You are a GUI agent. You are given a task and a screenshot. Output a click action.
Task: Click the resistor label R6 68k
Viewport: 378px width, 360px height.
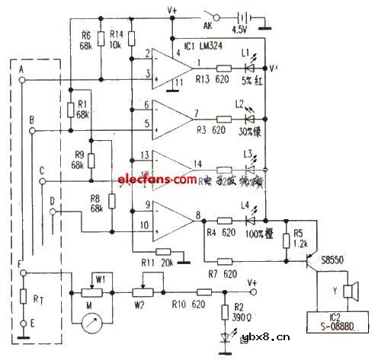(x=85, y=40)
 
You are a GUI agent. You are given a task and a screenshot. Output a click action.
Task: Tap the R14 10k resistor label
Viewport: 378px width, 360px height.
(x=117, y=40)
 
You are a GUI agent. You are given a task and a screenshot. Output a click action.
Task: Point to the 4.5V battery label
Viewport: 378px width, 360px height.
(x=240, y=32)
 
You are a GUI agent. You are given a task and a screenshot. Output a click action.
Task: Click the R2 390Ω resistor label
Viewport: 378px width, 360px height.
(x=238, y=311)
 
